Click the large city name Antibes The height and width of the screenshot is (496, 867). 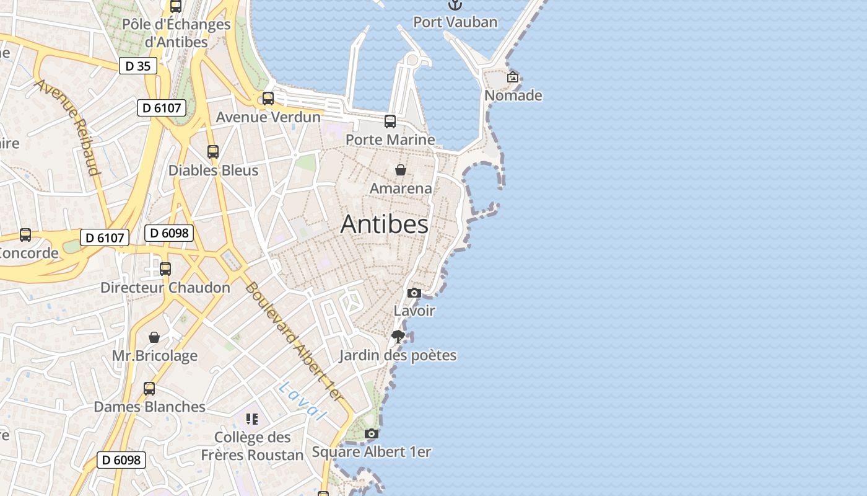click(384, 224)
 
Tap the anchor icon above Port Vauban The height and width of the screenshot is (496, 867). click(455, 5)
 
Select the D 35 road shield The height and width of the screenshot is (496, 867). click(137, 66)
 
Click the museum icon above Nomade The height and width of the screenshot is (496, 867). click(513, 77)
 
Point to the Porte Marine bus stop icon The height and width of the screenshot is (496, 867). click(390, 122)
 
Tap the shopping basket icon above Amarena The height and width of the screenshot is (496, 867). click(401, 170)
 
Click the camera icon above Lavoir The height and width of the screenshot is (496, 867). click(414, 293)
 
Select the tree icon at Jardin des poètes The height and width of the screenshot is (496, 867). click(398, 337)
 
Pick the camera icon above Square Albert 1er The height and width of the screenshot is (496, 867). click(371, 433)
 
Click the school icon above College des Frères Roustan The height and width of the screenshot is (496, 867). click(251, 419)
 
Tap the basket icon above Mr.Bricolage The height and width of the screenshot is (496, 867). click(154, 337)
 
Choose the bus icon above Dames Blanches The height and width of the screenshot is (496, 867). click(149, 389)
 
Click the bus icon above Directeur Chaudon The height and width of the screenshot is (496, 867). click(165, 269)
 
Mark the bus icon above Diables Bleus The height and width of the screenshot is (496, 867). click(213, 152)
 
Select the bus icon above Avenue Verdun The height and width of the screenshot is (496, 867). click(268, 99)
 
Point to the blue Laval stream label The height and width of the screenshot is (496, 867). click(302, 401)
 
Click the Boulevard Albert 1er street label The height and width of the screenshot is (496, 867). click(294, 341)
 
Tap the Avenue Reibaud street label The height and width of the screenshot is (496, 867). click(68, 126)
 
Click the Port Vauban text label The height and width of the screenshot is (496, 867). click(455, 22)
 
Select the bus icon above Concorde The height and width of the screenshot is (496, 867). click(25, 235)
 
